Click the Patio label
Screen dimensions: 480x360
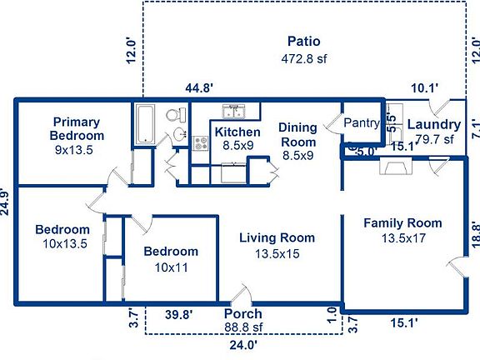[304, 42]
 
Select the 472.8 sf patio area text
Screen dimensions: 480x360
[304, 58]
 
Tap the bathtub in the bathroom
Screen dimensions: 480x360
[145, 123]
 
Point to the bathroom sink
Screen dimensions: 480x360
[180, 134]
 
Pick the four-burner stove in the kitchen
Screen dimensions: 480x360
[201, 143]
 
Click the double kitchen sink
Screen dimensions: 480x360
[233, 111]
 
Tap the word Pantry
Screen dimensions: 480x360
[362, 123]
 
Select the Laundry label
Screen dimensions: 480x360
[434, 125]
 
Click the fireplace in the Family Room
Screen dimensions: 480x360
[396, 166]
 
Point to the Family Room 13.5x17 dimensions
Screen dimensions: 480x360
[403, 238]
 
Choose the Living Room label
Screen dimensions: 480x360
[277, 237]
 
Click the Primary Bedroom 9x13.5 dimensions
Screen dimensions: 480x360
[74, 150]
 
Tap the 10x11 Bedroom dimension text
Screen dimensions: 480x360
[172, 267]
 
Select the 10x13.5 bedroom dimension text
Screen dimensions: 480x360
[65, 244]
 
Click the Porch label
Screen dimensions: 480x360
[243, 314]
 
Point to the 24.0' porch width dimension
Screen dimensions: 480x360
[243, 345]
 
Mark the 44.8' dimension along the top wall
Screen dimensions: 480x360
[199, 88]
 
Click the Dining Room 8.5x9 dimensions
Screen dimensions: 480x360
[297, 156]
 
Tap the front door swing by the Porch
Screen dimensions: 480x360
[242, 294]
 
